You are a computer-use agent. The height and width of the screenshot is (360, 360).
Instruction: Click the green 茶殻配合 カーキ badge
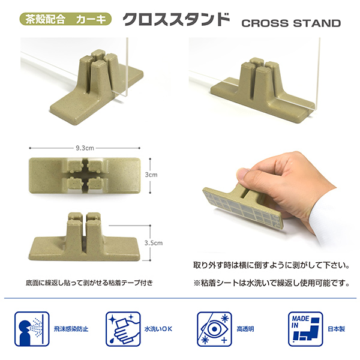tap(65, 19)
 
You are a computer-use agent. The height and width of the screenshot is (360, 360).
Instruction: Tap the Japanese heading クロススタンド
tap(176, 19)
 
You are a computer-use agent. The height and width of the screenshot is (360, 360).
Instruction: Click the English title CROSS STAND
tap(291, 23)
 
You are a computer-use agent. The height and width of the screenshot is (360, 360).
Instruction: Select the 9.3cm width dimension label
tap(85, 148)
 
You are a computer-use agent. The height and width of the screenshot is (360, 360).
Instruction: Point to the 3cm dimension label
tap(151, 175)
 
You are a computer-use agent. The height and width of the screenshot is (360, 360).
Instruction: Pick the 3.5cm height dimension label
tap(154, 243)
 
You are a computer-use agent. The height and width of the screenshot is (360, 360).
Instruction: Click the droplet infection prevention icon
tap(32, 329)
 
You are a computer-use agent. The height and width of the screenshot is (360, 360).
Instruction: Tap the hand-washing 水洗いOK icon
tap(123, 329)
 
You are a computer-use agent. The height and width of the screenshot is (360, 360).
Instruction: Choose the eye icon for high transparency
tap(214, 329)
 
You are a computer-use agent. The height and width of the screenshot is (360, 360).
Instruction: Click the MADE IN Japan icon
tap(305, 329)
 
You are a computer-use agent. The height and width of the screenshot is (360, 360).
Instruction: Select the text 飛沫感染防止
tap(71, 329)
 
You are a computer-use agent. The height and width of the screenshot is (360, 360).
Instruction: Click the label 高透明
tap(245, 329)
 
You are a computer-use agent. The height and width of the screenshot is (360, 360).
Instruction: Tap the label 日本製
tap(337, 329)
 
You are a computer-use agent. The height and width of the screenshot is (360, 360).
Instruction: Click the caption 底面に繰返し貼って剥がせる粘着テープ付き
tap(89, 283)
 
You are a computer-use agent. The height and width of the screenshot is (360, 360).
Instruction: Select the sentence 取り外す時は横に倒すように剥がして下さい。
tap(271, 265)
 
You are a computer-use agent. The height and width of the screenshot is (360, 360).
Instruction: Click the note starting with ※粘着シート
tap(271, 283)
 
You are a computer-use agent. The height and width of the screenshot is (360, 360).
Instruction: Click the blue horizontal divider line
tap(180, 298)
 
